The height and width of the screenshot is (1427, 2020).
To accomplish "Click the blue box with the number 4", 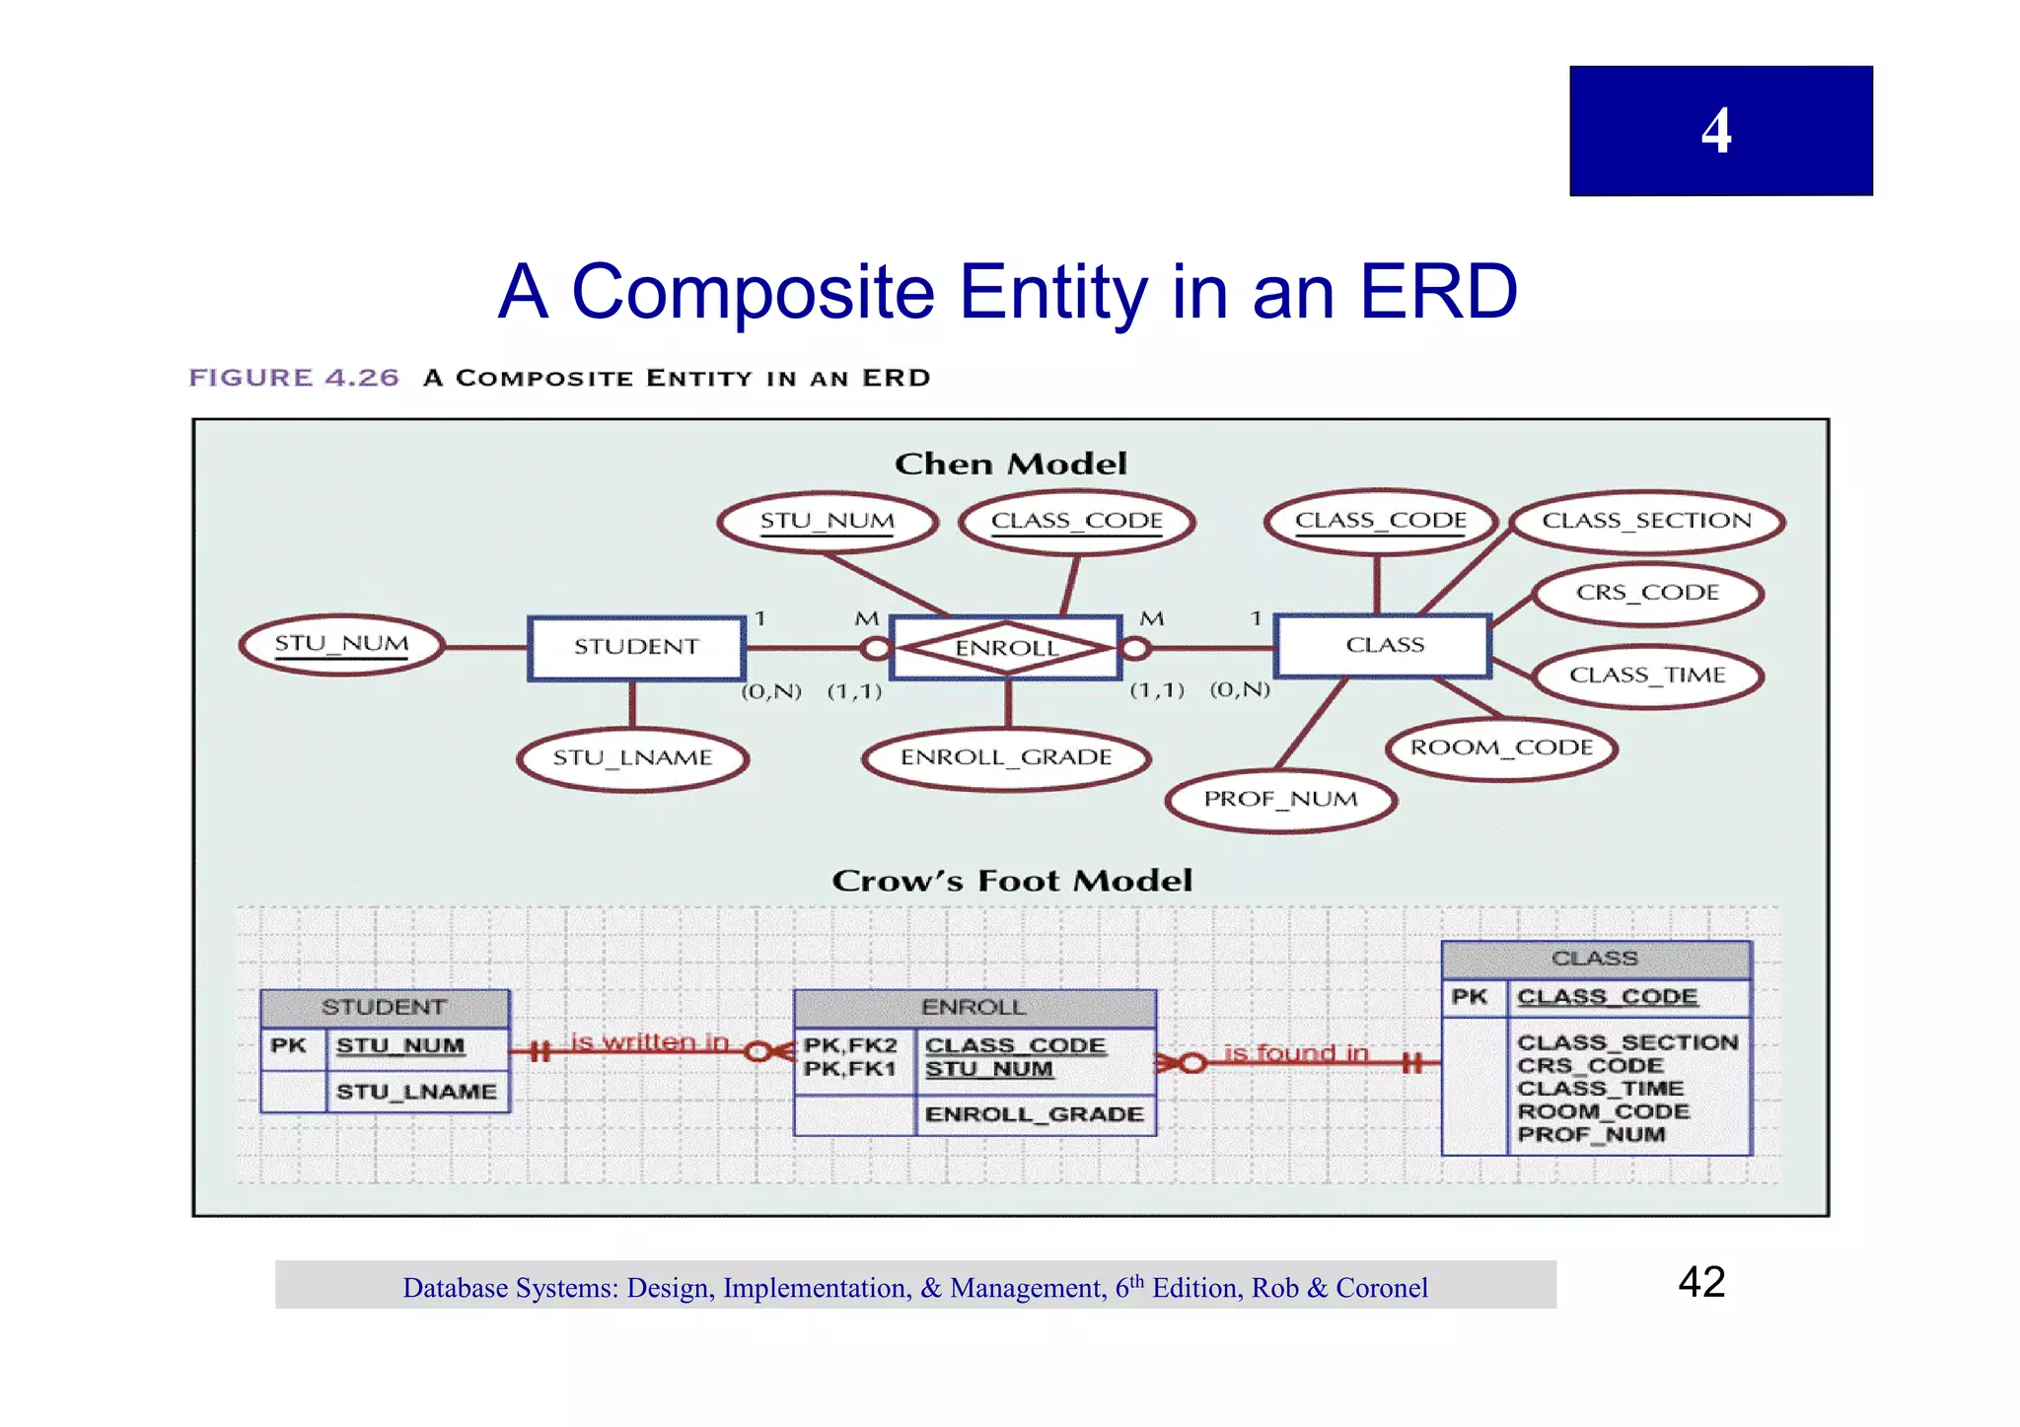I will (x=1720, y=130).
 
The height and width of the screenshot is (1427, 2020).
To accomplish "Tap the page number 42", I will (x=1701, y=1282).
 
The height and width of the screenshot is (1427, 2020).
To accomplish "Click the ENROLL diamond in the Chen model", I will (x=1006, y=648).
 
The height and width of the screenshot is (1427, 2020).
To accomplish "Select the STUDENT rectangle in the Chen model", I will (x=636, y=647).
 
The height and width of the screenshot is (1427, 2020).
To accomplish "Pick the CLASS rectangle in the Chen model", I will (x=1384, y=645).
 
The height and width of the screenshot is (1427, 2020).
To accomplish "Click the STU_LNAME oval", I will (x=632, y=758).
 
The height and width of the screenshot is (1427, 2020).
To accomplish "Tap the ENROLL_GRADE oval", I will (x=1006, y=757).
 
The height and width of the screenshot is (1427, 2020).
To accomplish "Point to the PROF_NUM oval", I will (x=1280, y=799).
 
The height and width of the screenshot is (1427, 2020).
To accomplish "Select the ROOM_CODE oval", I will (x=1501, y=748).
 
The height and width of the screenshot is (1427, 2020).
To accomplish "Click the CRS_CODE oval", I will (x=1647, y=593).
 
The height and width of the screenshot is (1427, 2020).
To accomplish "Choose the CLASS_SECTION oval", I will (x=1646, y=521).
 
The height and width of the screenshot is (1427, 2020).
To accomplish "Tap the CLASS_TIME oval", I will (x=1647, y=676).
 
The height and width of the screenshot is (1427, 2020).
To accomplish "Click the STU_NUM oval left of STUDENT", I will (x=341, y=644).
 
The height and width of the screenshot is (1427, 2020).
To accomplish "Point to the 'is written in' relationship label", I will (x=649, y=1041).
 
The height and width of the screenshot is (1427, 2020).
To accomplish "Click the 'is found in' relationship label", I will (x=1295, y=1053).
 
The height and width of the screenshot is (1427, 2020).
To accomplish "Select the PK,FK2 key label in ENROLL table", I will (x=850, y=1045).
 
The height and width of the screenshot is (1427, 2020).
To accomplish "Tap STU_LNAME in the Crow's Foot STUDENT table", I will (x=416, y=1092).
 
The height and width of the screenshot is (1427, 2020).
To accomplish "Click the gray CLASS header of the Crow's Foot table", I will (x=1595, y=959).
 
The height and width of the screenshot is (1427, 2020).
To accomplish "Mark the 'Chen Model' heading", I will (x=1010, y=464).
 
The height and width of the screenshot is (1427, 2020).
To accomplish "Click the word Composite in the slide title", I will (x=753, y=292).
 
